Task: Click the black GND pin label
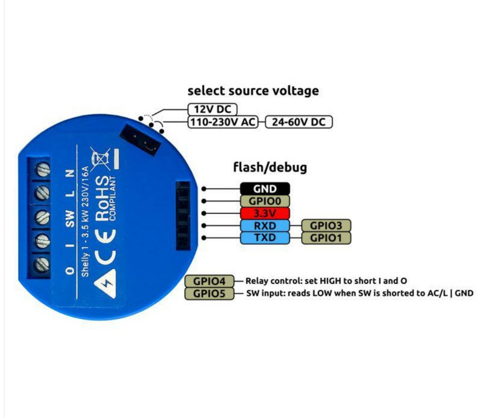click(265, 189)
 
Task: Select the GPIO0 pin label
click(265, 201)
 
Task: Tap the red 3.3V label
click(265, 213)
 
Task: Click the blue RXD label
click(265, 226)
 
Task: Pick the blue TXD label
click(265, 238)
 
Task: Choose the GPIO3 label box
click(326, 226)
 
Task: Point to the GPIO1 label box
click(326, 238)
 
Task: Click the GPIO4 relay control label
click(209, 281)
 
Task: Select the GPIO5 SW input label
click(209, 293)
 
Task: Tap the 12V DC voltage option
click(213, 109)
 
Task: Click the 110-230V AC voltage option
click(223, 122)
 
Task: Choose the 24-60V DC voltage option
click(299, 122)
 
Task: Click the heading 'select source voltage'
click(253, 91)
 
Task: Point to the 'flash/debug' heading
click(270, 167)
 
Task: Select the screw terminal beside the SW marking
click(42, 217)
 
